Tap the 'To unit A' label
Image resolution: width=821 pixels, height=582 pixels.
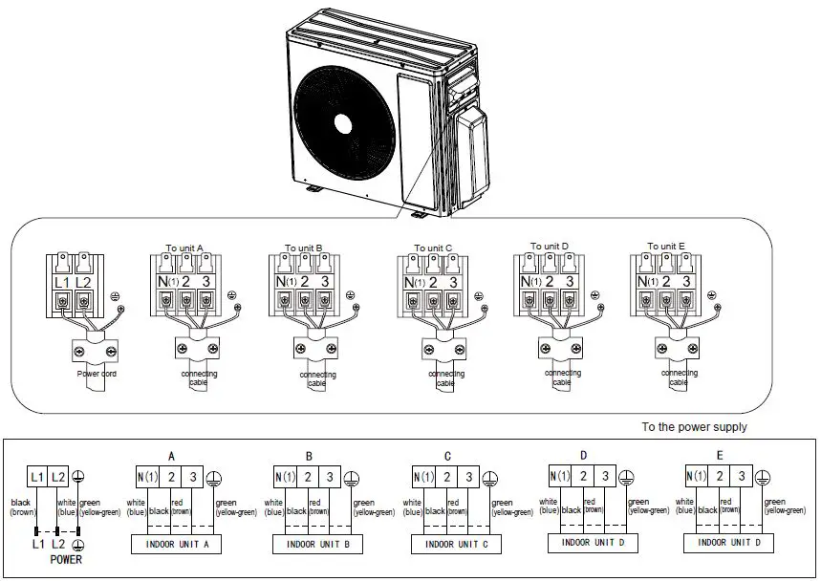[x=184, y=248]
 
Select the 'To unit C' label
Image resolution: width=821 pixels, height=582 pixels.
[x=433, y=248]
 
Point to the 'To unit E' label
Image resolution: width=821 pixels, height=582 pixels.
[x=665, y=246]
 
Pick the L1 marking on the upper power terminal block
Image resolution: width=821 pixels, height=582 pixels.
[x=62, y=282]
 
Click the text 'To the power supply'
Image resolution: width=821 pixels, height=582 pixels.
[x=694, y=427]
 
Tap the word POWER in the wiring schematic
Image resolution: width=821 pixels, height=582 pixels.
[x=65, y=559]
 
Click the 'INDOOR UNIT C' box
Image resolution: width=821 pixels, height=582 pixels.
[x=456, y=544]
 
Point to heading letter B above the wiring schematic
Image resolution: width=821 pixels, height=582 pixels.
[x=309, y=456]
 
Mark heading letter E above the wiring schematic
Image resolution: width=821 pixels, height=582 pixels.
[x=719, y=455]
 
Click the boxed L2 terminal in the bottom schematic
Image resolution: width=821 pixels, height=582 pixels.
[x=58, y=477]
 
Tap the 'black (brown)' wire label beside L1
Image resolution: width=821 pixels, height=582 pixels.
[x=22, y=507]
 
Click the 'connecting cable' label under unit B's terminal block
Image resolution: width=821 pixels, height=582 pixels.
[x=317, y=379]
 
